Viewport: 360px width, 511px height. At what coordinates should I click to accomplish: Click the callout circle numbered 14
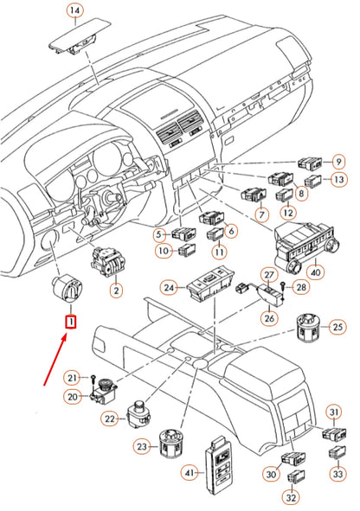74,11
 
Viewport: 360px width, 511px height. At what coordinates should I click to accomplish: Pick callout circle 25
337,327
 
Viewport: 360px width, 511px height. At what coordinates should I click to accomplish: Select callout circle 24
170,287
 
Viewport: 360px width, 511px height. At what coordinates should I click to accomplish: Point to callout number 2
115,291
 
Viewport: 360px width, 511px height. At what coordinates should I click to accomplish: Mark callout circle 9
337,161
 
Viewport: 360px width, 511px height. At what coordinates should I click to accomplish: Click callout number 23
141,446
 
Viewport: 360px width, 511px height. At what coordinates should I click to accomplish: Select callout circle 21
74,377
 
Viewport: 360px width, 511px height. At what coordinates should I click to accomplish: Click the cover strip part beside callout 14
80,39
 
